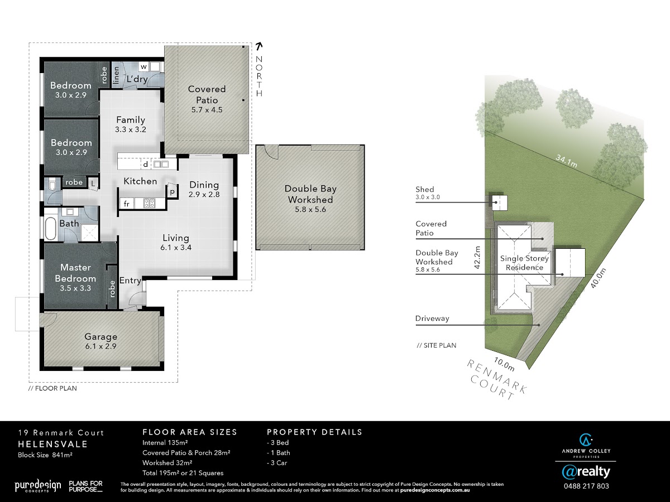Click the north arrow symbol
[259, 46]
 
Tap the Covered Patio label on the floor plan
[207, 94]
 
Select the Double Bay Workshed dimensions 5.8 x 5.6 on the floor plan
[310, 209]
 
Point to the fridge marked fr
[126, 204]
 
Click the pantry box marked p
[172, 191]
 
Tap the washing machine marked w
[143, 66]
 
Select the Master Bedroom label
[75, 273]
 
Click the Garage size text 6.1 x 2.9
[100, 346]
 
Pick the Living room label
[176, 238]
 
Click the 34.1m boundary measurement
[567, 161]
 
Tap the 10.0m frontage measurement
[504, 364]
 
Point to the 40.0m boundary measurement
[598, 278]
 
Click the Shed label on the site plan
[424, 189]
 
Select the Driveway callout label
[432, 318]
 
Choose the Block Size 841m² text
[45, 455]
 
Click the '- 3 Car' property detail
[277, 463]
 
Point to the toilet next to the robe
[52, 185]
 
